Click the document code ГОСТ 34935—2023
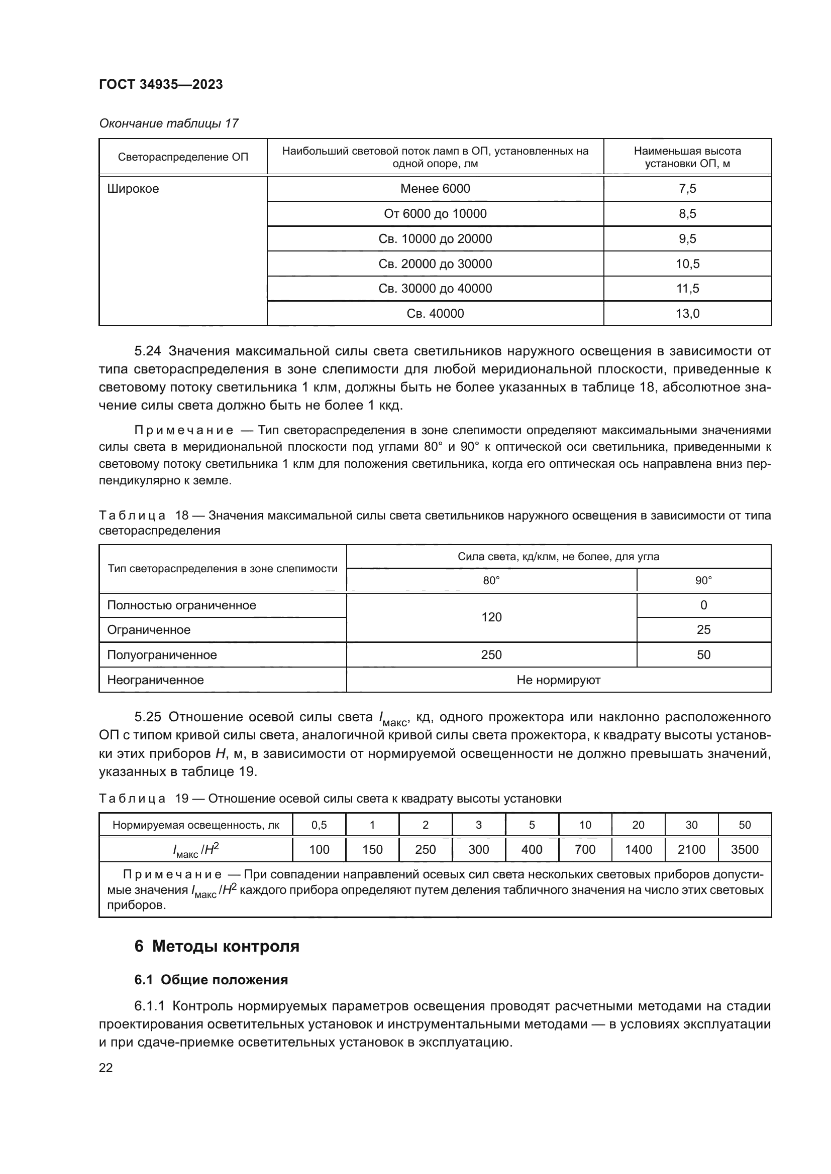(x=161, y=84)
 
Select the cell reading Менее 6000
(x=435, y=189)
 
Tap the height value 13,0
(x=687, y=313)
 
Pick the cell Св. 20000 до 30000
(x=435, y=264)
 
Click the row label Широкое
(x=133, y=189)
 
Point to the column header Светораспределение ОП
(x=183, y=157)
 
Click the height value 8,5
(x=687, y=214)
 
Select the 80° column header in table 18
(x=491, y=580)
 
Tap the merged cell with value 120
(x=491, y=617)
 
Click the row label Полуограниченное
(x=162, y=655)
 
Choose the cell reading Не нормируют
(x=558, y=680)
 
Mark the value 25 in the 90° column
(x=703, y=630)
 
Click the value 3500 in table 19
(x=745, y=849)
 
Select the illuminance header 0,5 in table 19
(x=319, y=825)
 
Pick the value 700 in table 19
(x=585, y=849)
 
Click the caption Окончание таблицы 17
(x=168, y=123)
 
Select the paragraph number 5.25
(x=147, y=717)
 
